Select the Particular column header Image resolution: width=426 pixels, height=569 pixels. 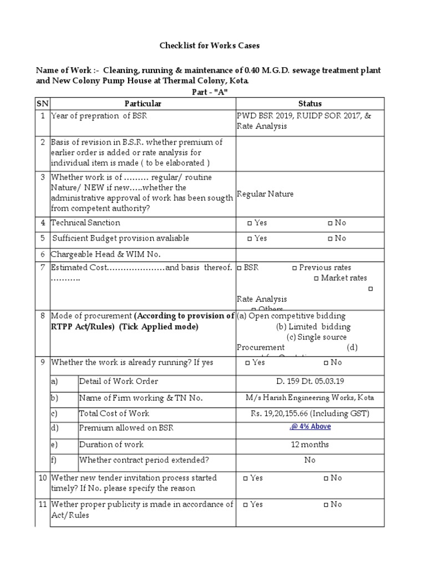(143, 103)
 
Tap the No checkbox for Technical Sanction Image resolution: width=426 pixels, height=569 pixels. (330, 223)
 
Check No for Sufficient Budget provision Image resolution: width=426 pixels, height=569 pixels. (330, 238)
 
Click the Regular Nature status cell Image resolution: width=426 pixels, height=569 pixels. (265, 194)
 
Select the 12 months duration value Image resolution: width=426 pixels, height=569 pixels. (310, 445)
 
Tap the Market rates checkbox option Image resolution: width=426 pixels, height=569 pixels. (316, 278)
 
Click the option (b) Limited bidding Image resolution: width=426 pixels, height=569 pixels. (313, 327)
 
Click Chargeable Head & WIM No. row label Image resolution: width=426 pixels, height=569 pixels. (105, 254)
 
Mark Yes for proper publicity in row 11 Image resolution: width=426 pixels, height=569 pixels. (246, 505)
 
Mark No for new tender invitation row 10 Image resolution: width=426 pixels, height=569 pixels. (326, 478)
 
